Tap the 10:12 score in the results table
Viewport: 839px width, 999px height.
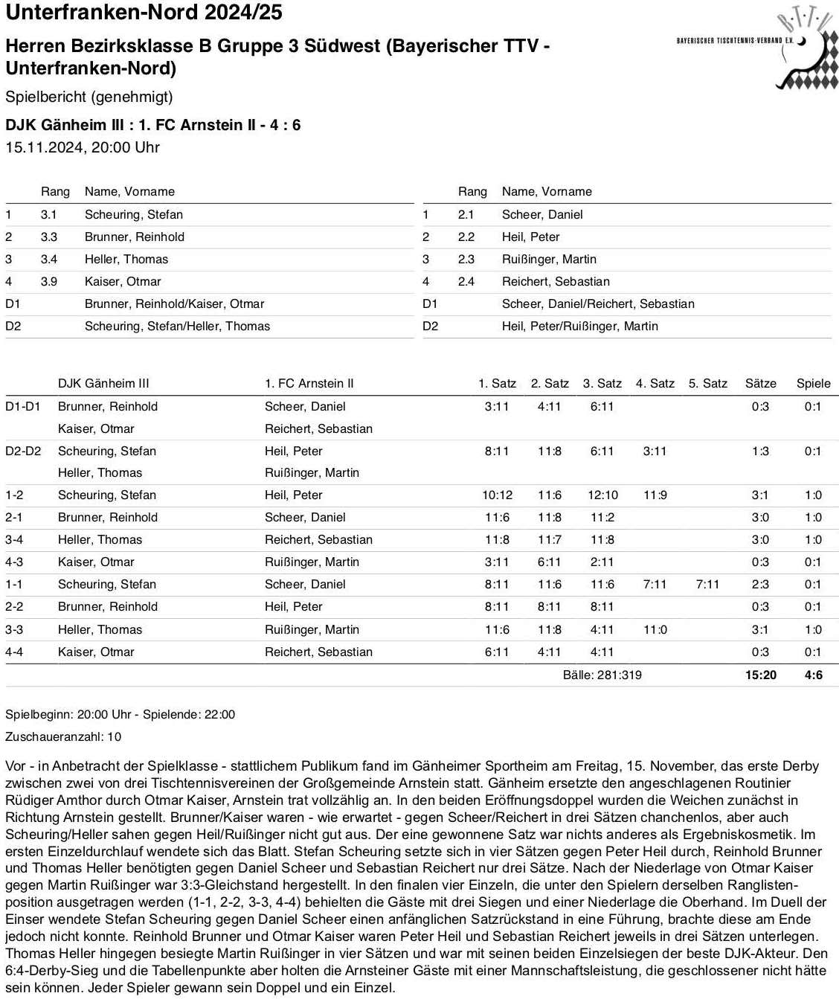[x=497, y=495]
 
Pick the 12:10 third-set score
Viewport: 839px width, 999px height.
[x=602, y=495]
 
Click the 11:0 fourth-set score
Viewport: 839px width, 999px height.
[x=655, y=629]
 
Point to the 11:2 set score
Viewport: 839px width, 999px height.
[x=602, y=517]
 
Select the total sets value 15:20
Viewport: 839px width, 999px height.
[x=760, y=675]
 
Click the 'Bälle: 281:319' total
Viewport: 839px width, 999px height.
[x=602, y=675]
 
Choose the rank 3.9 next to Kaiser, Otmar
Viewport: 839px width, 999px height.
[x=49, y=281]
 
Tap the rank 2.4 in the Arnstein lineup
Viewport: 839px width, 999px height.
[x=466, y=281]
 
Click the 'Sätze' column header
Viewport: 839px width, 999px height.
[x=760, y=383]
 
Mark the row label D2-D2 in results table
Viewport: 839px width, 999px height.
[x=23, y=451]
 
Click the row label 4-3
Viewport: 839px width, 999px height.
[x=14, y=562]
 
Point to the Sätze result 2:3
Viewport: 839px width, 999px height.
[x=760, y=584]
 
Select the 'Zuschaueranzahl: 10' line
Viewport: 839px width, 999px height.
[x=63, y=736]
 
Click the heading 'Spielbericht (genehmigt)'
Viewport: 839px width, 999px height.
[x=89, y=97]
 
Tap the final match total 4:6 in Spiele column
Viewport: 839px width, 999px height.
[x=813, y=675]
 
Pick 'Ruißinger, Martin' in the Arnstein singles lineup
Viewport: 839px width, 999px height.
[x=549, y=259]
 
